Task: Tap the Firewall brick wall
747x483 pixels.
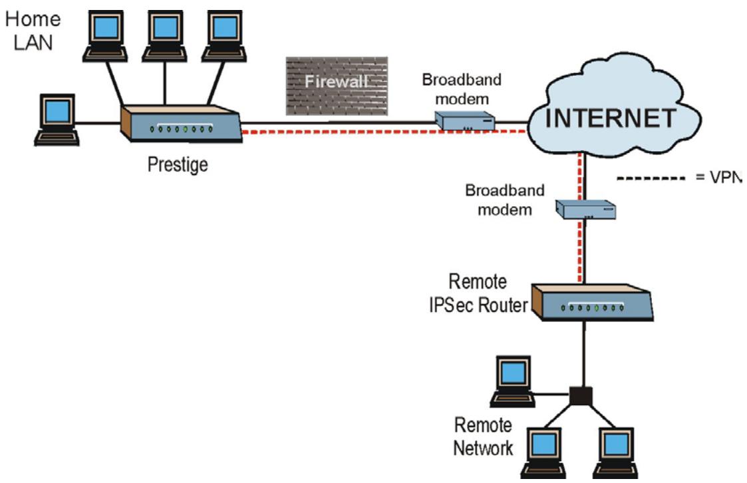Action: point(337,86)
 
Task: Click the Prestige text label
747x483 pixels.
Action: point(177,164)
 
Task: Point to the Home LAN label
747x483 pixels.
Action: point(33,30)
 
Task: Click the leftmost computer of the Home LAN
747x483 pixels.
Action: point(57,120)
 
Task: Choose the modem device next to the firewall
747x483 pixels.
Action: point(465,120)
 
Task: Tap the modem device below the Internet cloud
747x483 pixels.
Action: point(585,210)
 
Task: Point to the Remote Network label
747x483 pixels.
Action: point(483,436)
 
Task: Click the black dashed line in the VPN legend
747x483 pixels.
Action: point(650,178)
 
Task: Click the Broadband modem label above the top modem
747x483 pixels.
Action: point(462,88)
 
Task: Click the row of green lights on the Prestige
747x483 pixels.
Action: point(181,128)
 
